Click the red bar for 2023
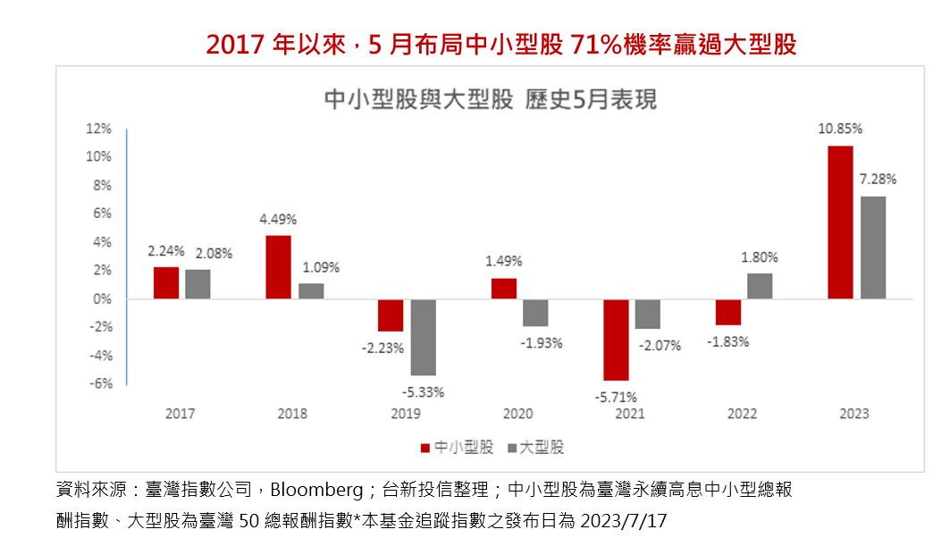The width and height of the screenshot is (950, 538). point(840,222)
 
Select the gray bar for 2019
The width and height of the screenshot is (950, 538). point(424,337)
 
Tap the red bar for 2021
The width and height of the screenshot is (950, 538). point(616,340)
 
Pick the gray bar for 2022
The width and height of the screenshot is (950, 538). point(759,286)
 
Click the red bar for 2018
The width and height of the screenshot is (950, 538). point(278,266)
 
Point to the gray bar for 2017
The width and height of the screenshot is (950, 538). point(198,284)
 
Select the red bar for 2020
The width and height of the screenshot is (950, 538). point(503,289)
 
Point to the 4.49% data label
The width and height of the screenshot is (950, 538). point(278,219)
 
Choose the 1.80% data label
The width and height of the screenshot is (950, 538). point(760,257)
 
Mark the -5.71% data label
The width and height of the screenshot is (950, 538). point(616,397)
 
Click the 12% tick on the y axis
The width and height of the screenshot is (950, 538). point(98,129)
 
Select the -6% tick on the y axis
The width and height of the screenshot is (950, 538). point(98,383)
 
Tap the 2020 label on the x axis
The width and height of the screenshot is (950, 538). point(517,414)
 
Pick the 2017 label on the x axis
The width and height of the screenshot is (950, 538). point(180,414)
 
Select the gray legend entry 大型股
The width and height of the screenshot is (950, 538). point(535,447)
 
